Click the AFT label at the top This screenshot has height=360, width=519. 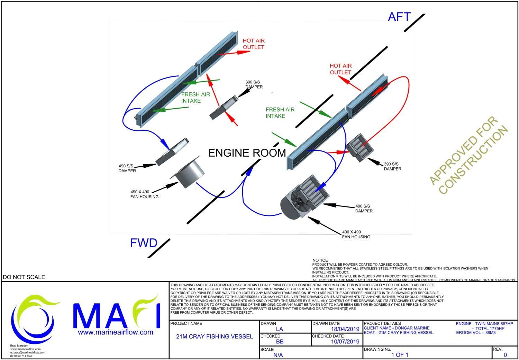(x=399, y=17)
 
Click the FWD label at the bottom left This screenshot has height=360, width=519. (x=144, y=243)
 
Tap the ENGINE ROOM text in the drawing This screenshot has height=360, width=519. (x=247, y=153)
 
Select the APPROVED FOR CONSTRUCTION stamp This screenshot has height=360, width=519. (x=468, y=155)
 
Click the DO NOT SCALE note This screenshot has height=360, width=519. (x=24, y=277)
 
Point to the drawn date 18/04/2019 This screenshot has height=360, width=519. (x=345, y=329)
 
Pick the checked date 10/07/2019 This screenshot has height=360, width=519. (x=345, y=342)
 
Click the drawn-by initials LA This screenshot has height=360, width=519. (x=280, y=329)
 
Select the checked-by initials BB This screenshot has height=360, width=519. (x=280, y=342)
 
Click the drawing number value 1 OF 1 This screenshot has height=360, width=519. (x=400, y=355)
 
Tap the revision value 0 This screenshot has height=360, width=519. (x=505, y=355)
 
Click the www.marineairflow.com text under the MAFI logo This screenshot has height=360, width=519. (x=116, y=332)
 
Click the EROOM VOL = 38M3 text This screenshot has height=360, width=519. (x=476, y=333)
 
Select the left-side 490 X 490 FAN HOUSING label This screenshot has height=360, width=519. (x=144, y=194)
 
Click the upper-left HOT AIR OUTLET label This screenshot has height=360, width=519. (x=254, y=44)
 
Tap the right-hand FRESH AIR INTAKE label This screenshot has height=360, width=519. (x=280, y=113)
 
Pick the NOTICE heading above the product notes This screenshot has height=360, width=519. (x=320, y=260)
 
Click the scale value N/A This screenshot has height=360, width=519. (x=278, y=355)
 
